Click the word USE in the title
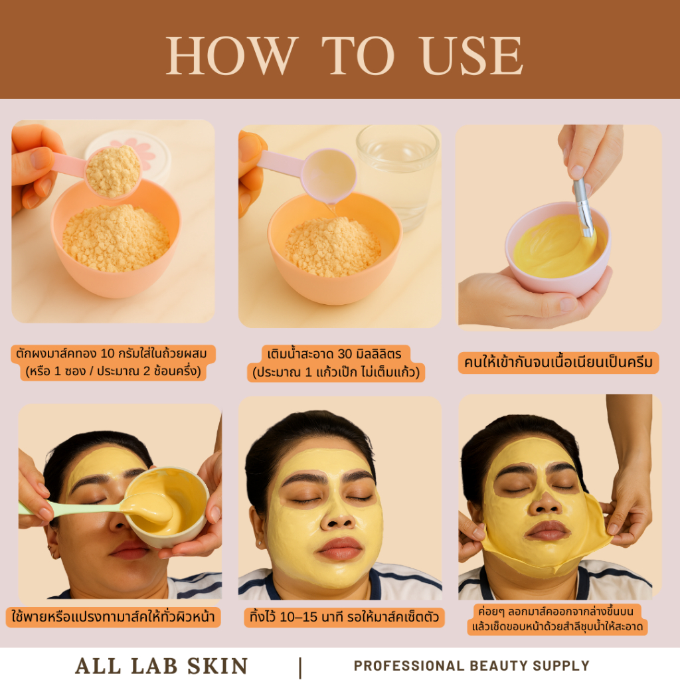pos(472,56)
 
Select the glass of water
pos(396,173)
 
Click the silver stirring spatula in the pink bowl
pos(584,207)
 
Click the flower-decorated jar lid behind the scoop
pos(130,152)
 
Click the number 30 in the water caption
pos(345,354)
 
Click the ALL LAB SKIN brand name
pos(161,666)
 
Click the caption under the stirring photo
pos(558,363)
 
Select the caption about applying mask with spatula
pos(113,617)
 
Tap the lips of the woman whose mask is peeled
pos(547,531)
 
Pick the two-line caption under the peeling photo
pos(557,620)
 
